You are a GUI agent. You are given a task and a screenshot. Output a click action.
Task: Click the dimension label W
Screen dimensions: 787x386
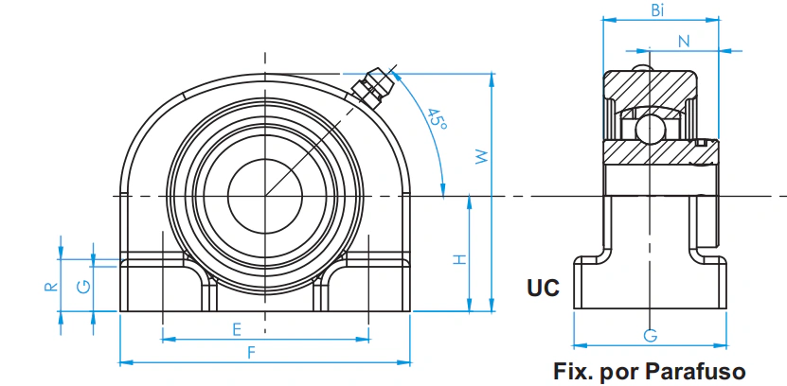coord(482,157)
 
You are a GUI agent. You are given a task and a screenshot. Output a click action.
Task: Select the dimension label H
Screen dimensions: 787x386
coord(460,259)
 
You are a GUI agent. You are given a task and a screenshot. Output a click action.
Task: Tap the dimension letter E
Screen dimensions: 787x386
coord(237,329)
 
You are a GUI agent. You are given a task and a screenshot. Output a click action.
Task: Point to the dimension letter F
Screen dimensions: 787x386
coord(252,353)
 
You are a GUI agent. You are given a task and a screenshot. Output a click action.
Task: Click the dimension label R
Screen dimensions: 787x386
coord(51,287)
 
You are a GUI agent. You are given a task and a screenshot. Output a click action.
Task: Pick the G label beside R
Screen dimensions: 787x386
coord(84,287)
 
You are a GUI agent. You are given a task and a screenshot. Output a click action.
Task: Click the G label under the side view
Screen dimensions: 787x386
coord(651,336)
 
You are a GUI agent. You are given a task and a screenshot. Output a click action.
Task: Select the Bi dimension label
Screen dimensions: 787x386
coord(658,11)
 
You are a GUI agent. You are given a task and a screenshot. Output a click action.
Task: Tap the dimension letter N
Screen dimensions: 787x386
coord(684,42)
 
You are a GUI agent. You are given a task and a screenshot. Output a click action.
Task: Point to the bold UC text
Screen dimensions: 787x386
coord(543,288)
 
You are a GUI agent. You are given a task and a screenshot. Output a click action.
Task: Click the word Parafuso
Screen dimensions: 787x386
coord(695,372)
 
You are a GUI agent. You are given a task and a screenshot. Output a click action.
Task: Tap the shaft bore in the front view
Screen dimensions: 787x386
coord(265,196)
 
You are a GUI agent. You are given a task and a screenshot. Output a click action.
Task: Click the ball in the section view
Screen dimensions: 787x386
coord(650,130)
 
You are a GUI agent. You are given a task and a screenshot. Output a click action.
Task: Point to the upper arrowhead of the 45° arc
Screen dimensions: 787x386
coord(396,75)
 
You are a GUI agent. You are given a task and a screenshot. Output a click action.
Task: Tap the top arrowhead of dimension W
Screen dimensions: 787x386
coord(491,79)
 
